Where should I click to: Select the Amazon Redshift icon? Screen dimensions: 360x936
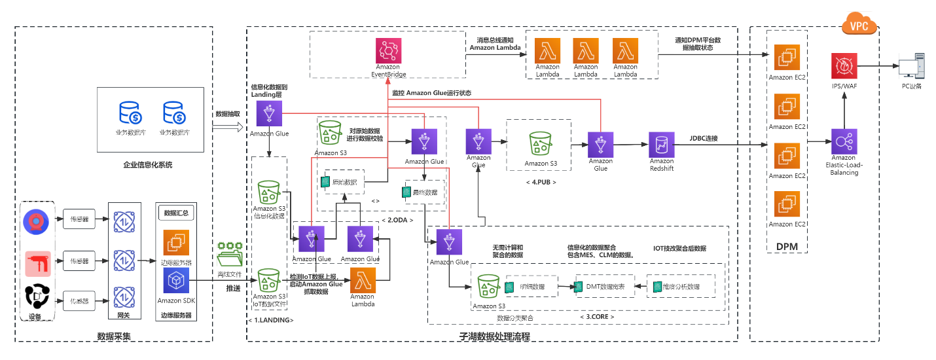[x=661, y=145]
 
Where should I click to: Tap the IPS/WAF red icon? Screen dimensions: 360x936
[x=844, y=67]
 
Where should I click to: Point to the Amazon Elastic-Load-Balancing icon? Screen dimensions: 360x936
[x=844, y=141]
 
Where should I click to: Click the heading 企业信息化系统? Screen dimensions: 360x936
[x=147, y=165]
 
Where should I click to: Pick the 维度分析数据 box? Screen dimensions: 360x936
[x=681, y=286]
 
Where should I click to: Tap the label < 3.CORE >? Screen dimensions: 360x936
[x=596, y=317]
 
